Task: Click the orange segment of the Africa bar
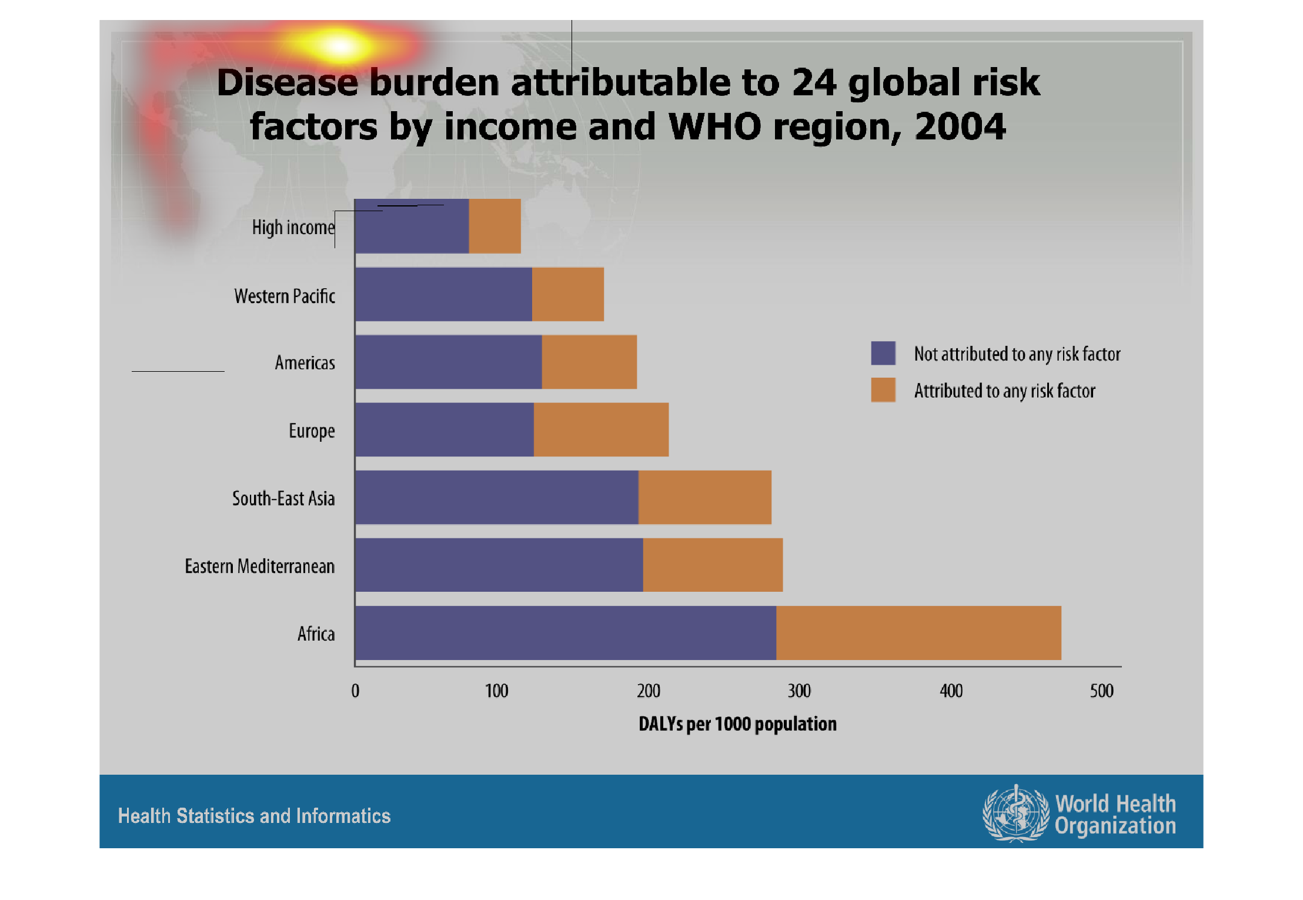click(x=918, y=633)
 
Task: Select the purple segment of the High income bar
click(x=412, y=227)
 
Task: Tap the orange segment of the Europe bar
click(x=601, y=429)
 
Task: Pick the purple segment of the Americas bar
click(x=448, y=362)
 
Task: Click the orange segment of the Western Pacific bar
click(x=567, y=294)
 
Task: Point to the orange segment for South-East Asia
click(x=704, y=497)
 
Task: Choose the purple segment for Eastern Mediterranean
click(x=499, y=565)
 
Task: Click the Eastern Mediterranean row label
click(x=259, y=566)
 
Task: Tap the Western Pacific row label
click(x=285, y=296)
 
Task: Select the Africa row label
click(x=316, y=634)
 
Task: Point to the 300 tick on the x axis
click(x=799, y=691)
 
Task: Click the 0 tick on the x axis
click(x=355, y=691)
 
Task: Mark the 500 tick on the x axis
click(x=1101, y=691)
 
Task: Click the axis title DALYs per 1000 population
click(x=737, y=724)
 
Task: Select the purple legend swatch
click(x=883, y=353)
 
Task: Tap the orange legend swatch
click(x=883, y=390)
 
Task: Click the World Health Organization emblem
click(x=1015, y=814)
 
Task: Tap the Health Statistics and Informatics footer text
click(x=254, y=816)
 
